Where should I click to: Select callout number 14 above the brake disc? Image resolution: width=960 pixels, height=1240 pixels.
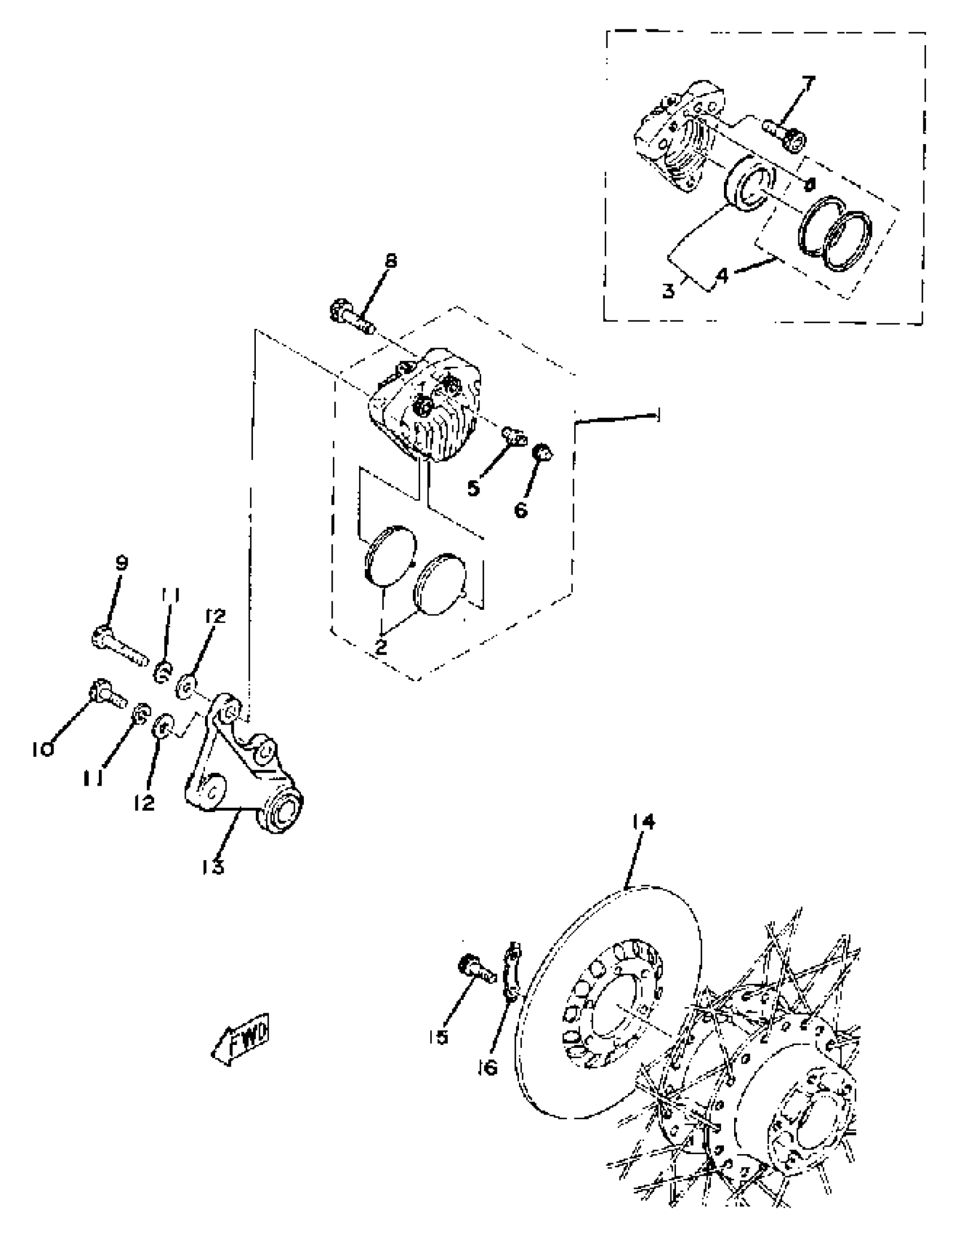point(642,822)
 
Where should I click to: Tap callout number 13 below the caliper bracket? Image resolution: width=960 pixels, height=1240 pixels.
point(212,867)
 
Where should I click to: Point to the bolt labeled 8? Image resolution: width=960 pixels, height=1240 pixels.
point(350,319)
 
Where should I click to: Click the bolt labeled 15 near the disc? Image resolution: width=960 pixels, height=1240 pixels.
point(473,969)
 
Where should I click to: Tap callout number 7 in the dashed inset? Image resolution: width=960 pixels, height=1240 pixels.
point(808,84)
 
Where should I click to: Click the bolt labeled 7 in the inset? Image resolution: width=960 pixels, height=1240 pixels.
point(786,133)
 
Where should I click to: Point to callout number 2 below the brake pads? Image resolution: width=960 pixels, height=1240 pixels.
point(381,647)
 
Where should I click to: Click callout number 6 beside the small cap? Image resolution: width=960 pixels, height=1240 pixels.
point(521,509)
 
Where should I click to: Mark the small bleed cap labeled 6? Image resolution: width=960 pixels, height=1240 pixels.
point(544,453)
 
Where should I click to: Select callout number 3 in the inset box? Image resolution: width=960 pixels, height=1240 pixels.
point(669,291)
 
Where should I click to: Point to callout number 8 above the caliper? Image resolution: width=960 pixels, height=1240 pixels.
point(390,261)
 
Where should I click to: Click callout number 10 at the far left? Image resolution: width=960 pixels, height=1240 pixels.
point(42,749)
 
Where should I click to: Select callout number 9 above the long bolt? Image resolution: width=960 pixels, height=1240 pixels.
point(121,563)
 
